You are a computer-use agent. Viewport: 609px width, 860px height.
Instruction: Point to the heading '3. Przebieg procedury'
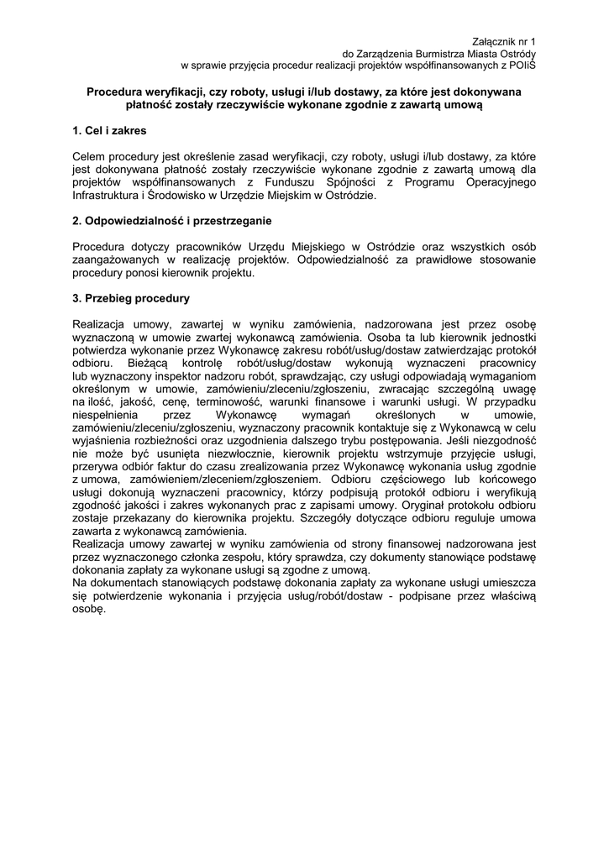[131, 298]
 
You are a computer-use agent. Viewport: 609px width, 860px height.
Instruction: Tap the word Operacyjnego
[494, 182]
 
